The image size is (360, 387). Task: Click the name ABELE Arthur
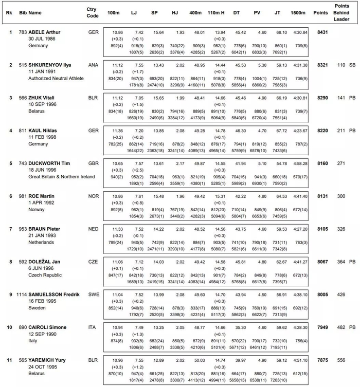(x=44, y=32)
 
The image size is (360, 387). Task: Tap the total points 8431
(x=322, y=32)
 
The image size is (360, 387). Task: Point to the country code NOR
(x=93, y=196)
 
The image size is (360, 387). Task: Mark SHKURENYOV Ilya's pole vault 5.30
(x=262, y=65)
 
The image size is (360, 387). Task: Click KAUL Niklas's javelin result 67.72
(x=281, y=131)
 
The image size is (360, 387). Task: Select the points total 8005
(x=322, y=294)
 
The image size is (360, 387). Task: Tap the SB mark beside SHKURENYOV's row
(x=351, y=65)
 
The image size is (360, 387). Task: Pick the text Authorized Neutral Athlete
(x=55, y=79)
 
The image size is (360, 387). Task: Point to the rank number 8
(x=10, y=261)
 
